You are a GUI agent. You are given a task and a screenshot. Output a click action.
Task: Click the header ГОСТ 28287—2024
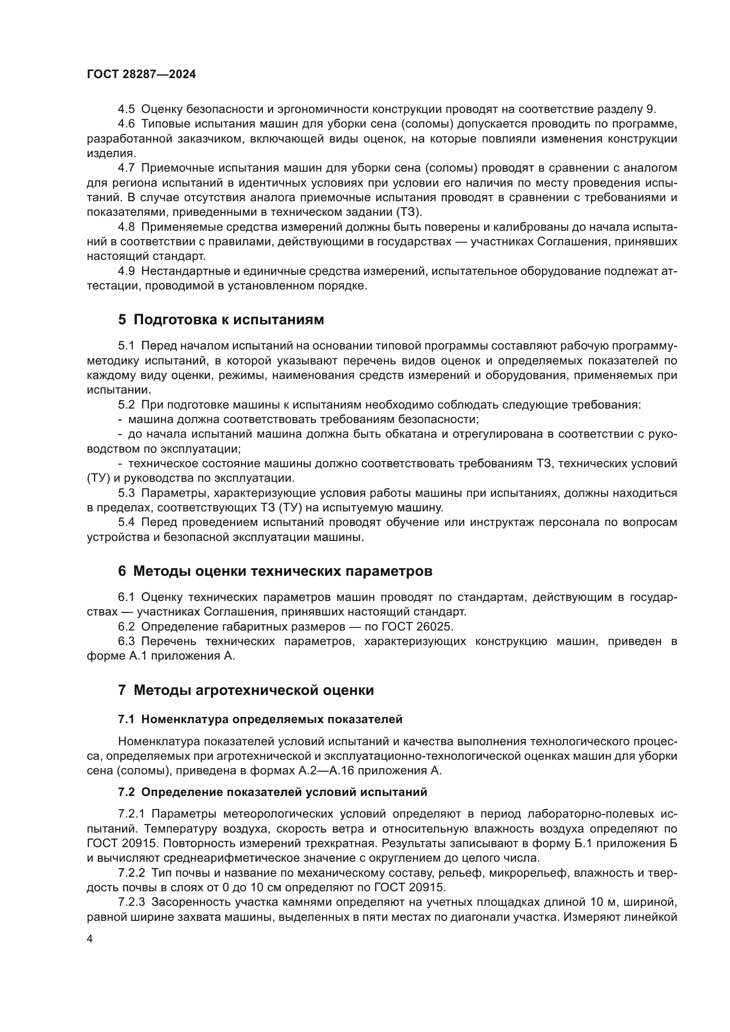pyautogui.click(x=141, y=75)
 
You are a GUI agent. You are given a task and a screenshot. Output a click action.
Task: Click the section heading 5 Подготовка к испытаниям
pyautogui.click(x=221, y=319)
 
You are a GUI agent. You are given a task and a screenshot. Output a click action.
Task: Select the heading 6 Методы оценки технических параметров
pyautogui.click(x=275, y=571)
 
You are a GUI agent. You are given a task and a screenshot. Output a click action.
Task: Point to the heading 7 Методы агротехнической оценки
pyautogui.click(x=246, y=690)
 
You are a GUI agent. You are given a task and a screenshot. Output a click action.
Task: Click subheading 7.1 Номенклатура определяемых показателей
pyautogui.click(x=260, y=719)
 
